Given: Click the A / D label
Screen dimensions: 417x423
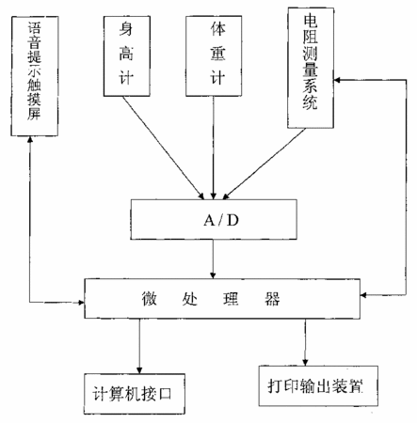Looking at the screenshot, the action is coord(221,221).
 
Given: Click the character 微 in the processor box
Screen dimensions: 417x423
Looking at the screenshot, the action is coord(149,298).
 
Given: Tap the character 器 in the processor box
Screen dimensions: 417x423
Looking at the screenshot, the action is coord(272,298).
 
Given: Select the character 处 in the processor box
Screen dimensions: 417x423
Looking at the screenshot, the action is coord(190,298).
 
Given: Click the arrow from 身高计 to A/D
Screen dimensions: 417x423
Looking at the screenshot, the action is coord(163,148).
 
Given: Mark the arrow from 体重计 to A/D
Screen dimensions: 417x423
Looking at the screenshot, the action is coord(214,148).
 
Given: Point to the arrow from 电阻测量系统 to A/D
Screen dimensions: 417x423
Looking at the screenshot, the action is coord(265,164).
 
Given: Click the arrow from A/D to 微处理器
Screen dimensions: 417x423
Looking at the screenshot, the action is coord(213,259).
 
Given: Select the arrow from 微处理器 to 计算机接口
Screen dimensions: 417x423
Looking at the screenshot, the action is coord(139,346).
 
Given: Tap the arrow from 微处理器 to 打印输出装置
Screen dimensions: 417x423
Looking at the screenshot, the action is coord(305,342).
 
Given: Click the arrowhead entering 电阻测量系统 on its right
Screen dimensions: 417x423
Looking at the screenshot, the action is coord(337,80).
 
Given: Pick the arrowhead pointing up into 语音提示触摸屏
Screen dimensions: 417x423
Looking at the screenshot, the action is coord(30,140).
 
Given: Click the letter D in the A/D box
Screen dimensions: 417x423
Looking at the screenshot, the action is coord(233,221).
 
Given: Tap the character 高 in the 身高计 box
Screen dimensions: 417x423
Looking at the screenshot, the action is coord(126,54).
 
